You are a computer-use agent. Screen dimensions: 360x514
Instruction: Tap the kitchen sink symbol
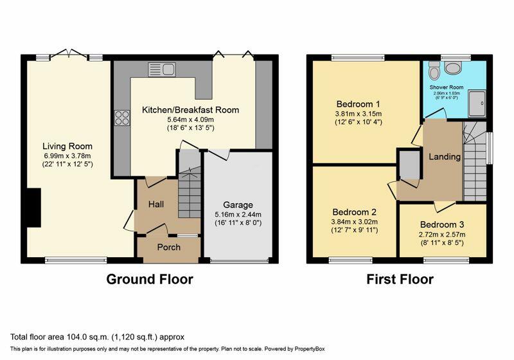coord(161,69)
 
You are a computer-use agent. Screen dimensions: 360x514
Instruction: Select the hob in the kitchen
coord(121,118)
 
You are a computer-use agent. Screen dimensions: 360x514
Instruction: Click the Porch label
coord(170,248)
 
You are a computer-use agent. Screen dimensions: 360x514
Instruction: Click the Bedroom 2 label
coord(354,212)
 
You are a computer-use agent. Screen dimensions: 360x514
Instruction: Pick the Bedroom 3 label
coord(442,224)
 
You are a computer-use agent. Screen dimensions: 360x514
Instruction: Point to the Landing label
coord(444,157)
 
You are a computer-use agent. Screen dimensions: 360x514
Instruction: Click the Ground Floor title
coord(149,279)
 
